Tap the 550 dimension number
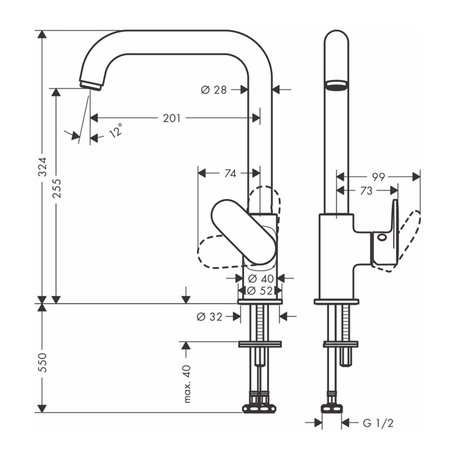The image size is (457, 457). [42, 361]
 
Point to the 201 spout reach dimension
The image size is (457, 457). [172, 118]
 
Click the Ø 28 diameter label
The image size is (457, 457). [213, 90]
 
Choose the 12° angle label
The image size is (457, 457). [116, 131]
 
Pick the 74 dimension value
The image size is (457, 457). [230, 174]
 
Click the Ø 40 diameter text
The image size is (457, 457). [260, 278]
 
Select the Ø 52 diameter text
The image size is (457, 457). [260, 290]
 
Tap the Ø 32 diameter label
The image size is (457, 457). [209, 316]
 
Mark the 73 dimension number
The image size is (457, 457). [366, 191]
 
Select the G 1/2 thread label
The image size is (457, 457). [378, 423]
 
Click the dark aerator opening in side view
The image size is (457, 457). [336, 85]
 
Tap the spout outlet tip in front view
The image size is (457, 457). [91, 85]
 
